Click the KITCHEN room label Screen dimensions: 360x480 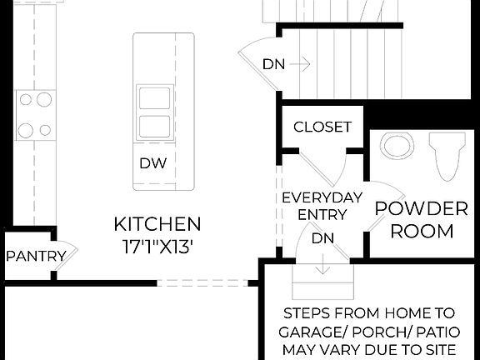pyautogui.click(x=157, y=224)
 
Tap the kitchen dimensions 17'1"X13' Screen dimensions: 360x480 pyautogui.click(x=157, y=247)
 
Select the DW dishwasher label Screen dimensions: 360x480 pyautogui.click(x=152, y=163)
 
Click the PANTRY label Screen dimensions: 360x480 pyautogui.click(x=36, y=256)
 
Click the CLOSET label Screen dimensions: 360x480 pyautogui.click(x=322, y=127)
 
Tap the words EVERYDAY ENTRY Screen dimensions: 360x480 pyautogui.click(x=322, y=207)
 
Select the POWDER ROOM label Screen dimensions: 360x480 pyautogui.click(x=420, y=219)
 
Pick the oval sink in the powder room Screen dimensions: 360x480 pyautogui.click(x=398, y=146)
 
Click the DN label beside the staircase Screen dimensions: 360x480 pyautogui.click(x=272, y=63)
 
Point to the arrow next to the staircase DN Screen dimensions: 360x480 pyautogui.click(x=302, y=63)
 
